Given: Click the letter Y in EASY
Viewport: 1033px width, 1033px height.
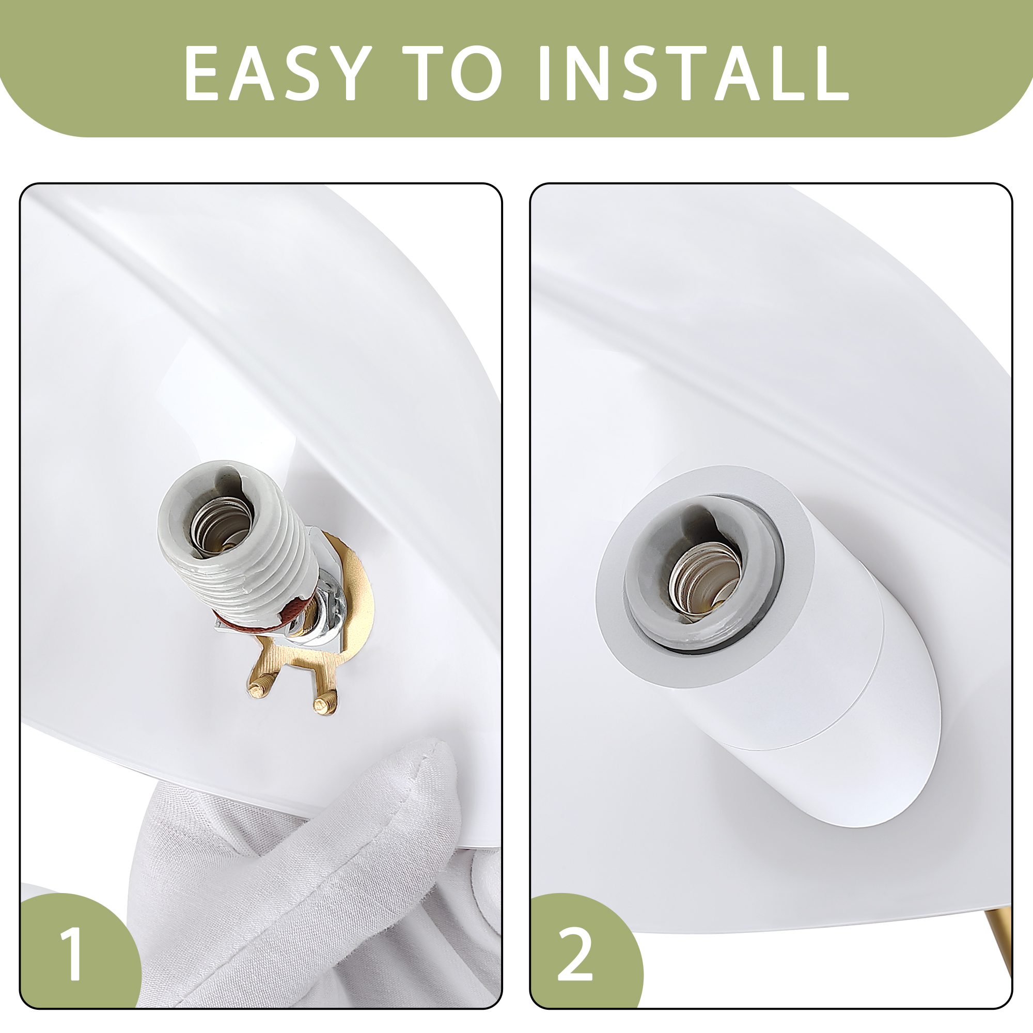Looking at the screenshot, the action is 350,73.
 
